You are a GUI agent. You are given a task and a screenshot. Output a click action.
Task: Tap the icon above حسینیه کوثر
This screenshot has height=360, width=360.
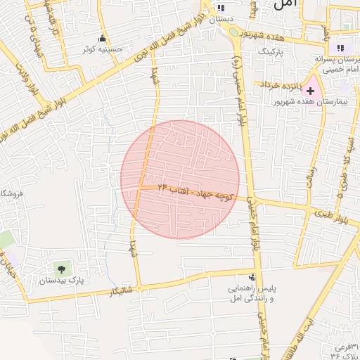point(104,39)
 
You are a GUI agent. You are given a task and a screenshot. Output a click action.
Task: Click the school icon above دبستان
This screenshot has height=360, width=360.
point(222,8)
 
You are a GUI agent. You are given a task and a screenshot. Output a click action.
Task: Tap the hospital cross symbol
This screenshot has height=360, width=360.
point(310,91)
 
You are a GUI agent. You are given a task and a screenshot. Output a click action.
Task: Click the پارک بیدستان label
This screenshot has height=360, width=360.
point(62,280)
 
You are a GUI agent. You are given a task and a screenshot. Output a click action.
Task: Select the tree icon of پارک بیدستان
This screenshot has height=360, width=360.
point(61,268)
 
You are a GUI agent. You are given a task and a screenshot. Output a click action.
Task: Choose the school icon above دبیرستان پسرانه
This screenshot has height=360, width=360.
point(340,48)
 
